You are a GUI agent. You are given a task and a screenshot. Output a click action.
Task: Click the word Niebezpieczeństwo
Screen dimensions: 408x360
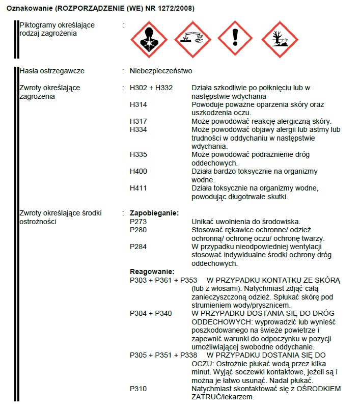pos(161,71)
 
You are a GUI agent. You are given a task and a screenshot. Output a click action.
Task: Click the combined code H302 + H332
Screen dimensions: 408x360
pos(151,88)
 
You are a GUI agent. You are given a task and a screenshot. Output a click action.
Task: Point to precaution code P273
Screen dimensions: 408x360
pos(139,221)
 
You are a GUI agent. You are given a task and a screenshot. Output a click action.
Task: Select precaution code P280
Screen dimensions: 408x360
pos(139,230)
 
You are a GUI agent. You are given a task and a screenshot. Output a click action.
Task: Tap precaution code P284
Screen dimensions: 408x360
pos(139,247)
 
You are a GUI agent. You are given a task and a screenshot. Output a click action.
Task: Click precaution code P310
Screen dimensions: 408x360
pos(139,389)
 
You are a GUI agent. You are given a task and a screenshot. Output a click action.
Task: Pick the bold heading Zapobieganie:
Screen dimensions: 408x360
pos(154,213)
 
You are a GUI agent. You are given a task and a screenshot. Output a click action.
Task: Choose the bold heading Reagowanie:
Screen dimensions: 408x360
pos(152,271)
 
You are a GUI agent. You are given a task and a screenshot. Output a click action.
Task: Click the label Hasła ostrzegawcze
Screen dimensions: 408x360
pos(51,71)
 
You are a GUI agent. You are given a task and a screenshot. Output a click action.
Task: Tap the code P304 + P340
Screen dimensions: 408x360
pos(151,313)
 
